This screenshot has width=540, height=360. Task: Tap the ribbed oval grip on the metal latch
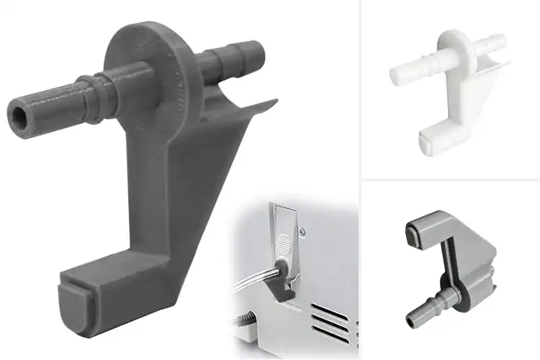tap(284, 243)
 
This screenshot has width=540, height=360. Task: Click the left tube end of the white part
tap(398, 72)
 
